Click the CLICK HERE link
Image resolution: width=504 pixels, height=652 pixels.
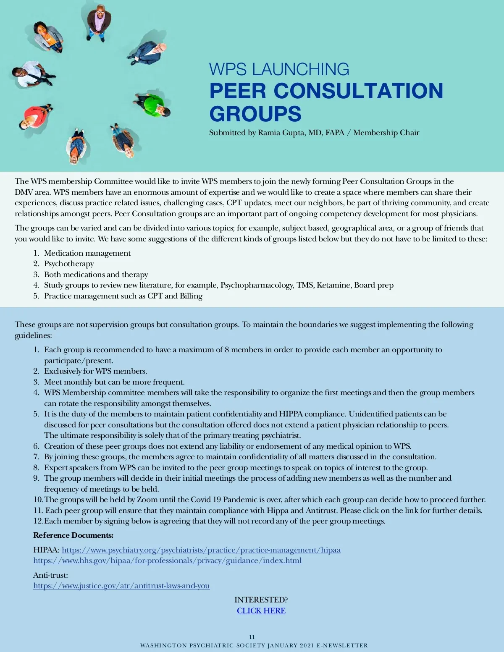261,610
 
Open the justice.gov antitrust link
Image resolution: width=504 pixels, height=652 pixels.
121,586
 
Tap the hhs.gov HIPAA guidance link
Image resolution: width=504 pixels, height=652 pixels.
167,560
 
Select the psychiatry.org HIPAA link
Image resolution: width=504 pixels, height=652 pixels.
201,550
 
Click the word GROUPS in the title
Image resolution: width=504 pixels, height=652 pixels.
255,113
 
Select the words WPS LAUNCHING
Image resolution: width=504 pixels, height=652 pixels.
279,69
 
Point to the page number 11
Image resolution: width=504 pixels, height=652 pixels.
252,637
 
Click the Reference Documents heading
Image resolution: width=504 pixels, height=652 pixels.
73,535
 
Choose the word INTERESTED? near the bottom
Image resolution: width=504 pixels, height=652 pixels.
261,600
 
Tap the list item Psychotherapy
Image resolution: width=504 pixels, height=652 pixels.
69,264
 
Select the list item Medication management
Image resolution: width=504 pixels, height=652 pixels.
87,253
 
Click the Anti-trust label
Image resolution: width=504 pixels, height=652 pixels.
50,575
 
